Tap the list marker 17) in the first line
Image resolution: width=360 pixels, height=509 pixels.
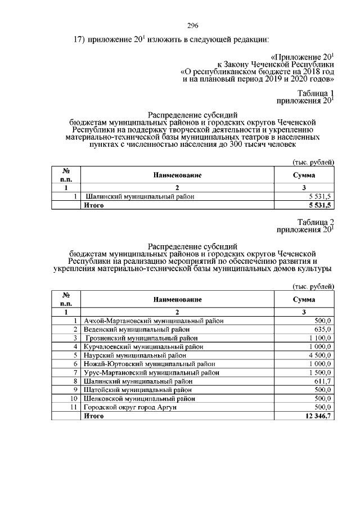(x=79, y=39)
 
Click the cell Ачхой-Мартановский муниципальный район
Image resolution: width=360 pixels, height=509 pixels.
(x=154, y=320)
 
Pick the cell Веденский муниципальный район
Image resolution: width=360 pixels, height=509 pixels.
(x=137, y=329)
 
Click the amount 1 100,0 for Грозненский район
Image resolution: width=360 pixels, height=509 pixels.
(x=320, y=338)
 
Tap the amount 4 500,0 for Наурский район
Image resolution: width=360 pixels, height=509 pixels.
(x=320, y=355)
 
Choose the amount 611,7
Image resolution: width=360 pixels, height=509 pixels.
(x=323, y=381)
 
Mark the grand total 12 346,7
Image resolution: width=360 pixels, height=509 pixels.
(x=318, y=416)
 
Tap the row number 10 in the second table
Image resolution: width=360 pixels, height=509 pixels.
(x=73, y=399)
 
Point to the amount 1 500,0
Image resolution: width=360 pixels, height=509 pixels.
(x=320, y=373)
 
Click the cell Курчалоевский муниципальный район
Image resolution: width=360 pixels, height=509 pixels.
(x=143, y=346)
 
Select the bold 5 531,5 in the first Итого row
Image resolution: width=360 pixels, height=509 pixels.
(x=319, y=206)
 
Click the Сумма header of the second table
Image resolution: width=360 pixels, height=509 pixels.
(x=304, y=300)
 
